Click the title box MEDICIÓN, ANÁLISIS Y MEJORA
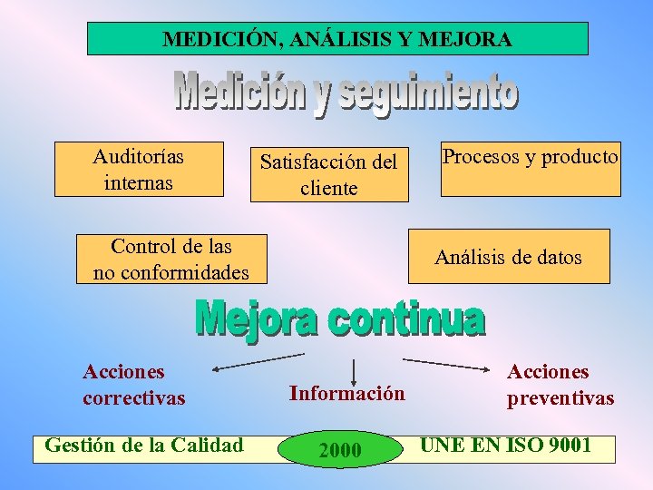click(x=337, y=39)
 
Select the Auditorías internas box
click(x=139, y=169)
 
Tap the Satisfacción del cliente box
click(x=329, y=174)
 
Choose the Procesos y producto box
click(x=531, y=169)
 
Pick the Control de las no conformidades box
click(x=171, y=259)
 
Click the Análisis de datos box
click(x=508, y=257)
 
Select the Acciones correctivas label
click(x=133, y=385)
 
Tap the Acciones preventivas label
click(x=560, y=385)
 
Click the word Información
click(x=347, y=393)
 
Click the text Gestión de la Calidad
click(x=144, y=445)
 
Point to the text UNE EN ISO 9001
click(x=505, y=445)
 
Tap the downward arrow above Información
click(x=353, y=370)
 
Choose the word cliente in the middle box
click(x=329, y=188)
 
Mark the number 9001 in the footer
click(x=564, y=445)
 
